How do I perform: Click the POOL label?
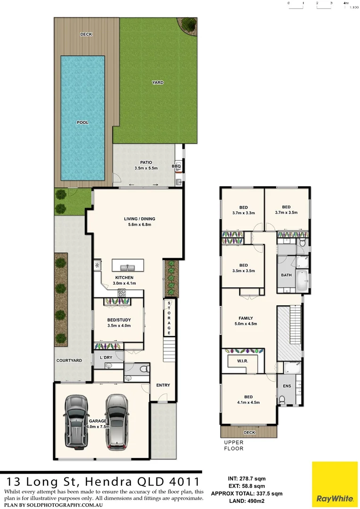click(x=82, y=123)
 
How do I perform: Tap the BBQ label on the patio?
click(x=176, y=166)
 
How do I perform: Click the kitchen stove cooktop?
click(x=122, y=293)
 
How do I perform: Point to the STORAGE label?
click(x=169, y=318)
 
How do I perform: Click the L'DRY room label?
click(x=106, y=358)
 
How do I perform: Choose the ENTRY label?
click(x=163, y=385)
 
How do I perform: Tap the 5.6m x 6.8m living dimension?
click(x=139, y=224)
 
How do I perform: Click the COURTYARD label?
click(x=69, y=361)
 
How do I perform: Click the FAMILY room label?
click(x=245, y=318)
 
